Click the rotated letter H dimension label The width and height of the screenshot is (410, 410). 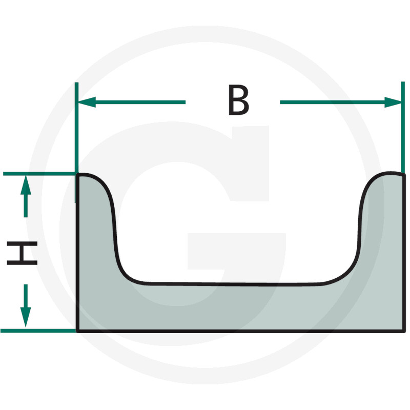22,255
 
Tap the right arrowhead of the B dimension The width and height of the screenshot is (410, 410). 394,102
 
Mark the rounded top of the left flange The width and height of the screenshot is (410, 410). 92,176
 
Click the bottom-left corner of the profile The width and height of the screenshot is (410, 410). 77,331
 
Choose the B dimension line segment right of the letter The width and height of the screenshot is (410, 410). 333,102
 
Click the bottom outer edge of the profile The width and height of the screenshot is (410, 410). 241,331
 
